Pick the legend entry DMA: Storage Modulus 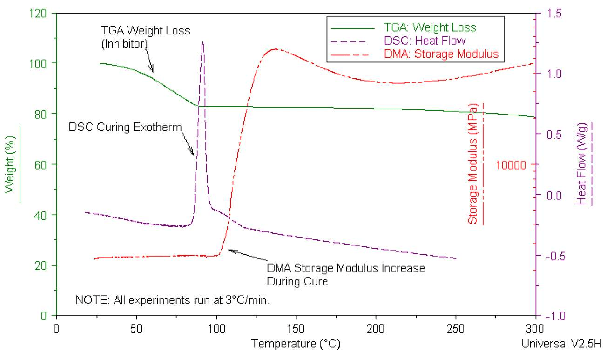click(441, 54)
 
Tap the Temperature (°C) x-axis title click(296, 345)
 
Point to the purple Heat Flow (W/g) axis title click(581, 164)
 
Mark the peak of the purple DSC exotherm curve click(202, 42)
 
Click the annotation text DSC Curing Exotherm click(125, 127)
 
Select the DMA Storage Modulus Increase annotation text click(345, 274)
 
